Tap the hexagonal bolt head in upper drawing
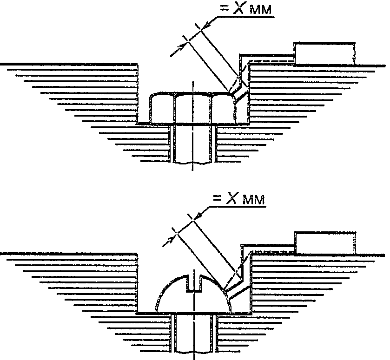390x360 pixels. tap(193, 109)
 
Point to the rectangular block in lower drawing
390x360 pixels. tap(325, 242)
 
